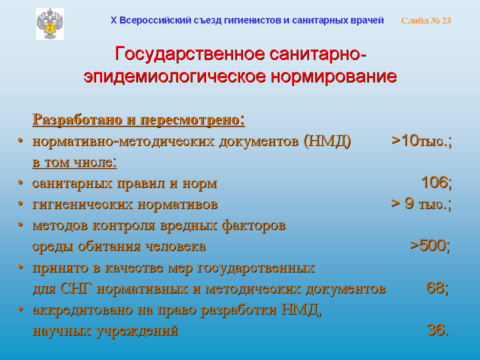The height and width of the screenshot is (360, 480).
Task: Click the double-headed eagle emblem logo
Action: (50, 24)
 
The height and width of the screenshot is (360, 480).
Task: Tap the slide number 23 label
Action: (426, 20)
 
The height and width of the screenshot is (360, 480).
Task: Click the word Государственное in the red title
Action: (190, 54)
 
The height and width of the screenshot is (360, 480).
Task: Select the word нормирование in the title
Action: (333, 76)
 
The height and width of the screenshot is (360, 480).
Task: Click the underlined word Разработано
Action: (77, 119)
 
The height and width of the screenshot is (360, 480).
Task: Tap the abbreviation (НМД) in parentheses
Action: (327, 141)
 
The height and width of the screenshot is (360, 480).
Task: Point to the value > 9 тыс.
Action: (421, 203)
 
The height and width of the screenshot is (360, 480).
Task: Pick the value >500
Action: (430, 245)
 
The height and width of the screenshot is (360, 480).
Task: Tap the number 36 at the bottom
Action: (438, 330)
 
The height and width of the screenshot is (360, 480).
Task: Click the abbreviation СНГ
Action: (76, 288)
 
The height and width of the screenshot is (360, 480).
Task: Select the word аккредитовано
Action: (82, 310)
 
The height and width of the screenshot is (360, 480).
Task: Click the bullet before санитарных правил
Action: (20, 182)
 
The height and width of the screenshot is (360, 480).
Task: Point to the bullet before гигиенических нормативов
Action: (20, 203)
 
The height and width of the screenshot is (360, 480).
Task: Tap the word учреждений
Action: (137, 331)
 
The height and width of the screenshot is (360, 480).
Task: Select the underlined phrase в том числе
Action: (74, 162)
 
